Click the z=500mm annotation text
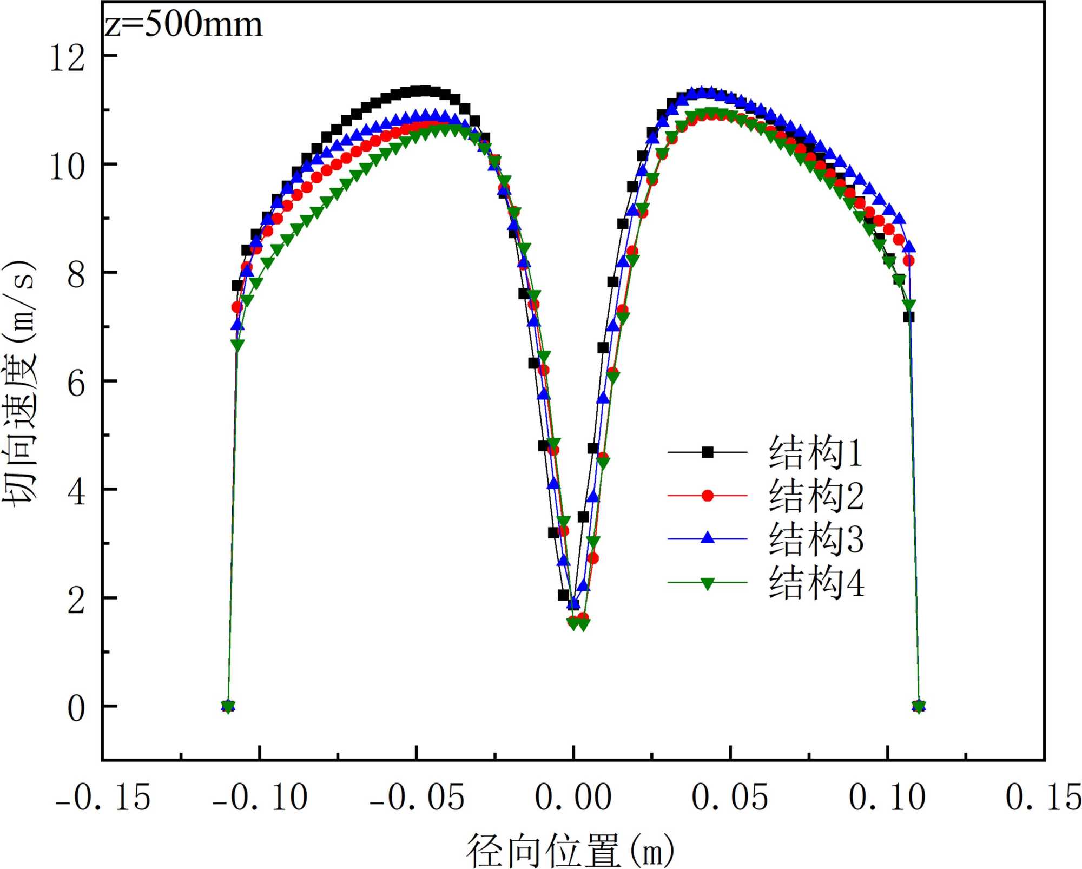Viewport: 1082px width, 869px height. coord(184,25)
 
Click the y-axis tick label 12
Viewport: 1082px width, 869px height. coord(68,57)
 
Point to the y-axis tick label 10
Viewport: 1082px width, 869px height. coord(68,166)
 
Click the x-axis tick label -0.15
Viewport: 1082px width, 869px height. coord(103,797)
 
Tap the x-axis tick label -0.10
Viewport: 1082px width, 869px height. coord(260,797)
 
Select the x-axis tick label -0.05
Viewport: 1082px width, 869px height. coord(417,797)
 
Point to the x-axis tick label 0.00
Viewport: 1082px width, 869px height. coord(573,797)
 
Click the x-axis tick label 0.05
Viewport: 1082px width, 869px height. coord(730,797)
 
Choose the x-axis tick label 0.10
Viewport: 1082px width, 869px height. coord(887,797)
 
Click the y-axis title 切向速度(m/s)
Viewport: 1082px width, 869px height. coord(21,383)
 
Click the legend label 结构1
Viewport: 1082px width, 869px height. coord(816,452)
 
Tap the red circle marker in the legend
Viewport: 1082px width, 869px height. coord(707,495)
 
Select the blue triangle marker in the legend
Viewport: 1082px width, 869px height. coord(707,538)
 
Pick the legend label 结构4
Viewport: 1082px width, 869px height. coord(816,583)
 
